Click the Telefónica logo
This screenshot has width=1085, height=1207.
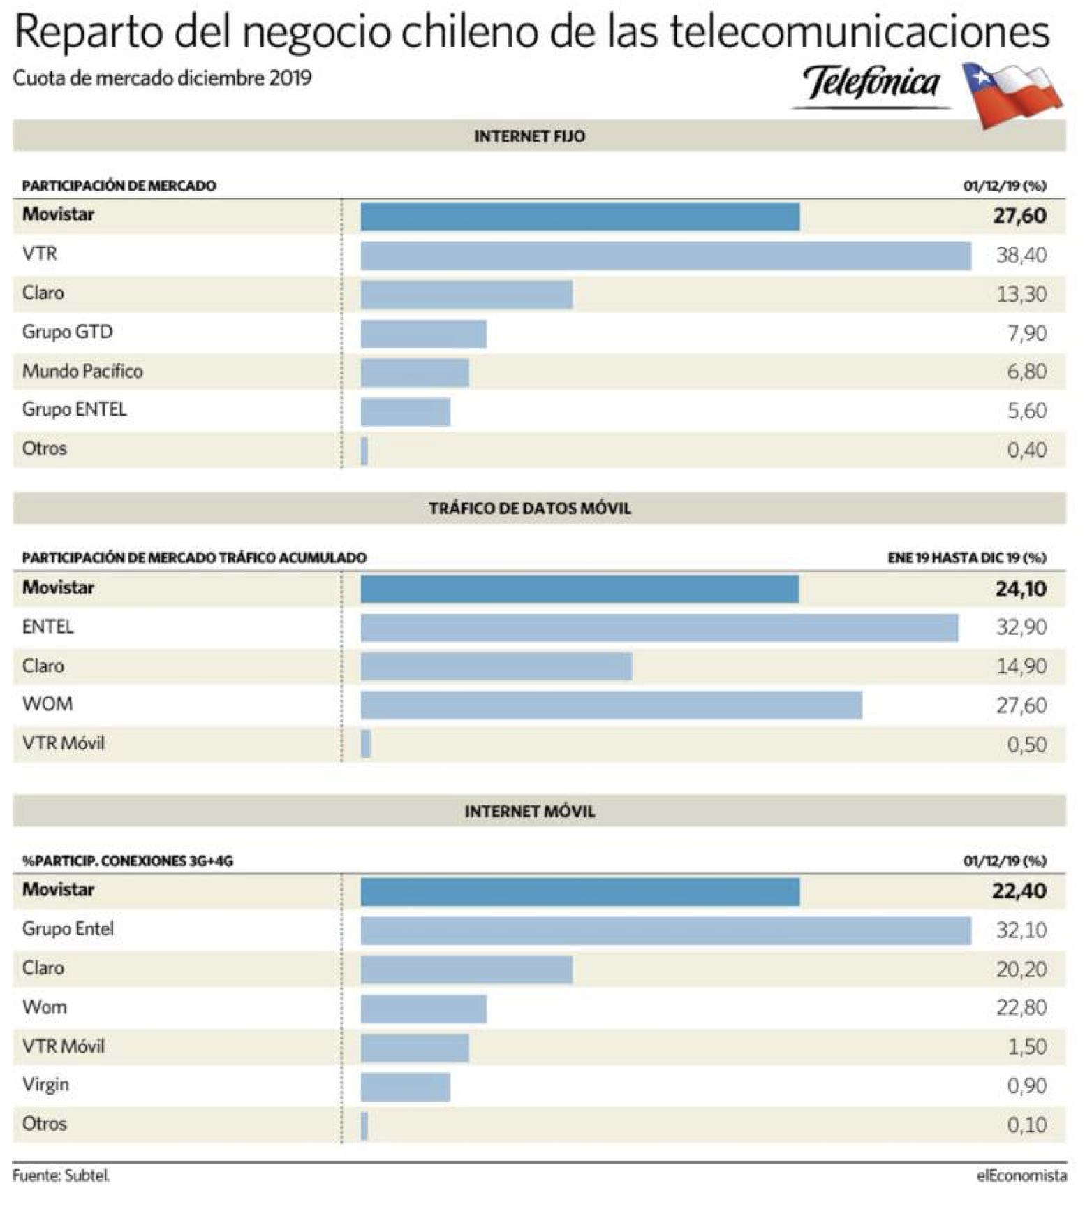(871, 85)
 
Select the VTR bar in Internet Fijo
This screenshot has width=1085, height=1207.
(665, 256)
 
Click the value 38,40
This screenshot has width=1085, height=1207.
(1021, 256)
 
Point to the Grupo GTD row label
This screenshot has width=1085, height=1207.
(67, 332)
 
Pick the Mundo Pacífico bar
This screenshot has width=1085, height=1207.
(415, 373)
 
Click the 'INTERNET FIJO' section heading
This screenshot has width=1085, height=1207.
(530, 136)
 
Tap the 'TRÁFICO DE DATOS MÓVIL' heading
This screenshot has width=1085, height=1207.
(530, 509)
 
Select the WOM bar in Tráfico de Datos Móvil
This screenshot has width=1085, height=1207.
(611, 705)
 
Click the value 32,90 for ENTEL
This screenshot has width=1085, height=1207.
(1021, 627)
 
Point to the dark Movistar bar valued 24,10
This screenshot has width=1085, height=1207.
(580, 589)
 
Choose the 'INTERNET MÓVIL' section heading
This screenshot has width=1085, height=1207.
(530, 812)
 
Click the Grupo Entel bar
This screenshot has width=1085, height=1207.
(665, 931)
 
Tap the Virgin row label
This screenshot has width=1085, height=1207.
(45, 1085)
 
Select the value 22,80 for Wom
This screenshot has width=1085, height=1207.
(1021, 1008)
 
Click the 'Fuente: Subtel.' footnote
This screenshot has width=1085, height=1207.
(61, 1176)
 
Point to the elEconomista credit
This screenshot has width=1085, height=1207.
(1021, 1176)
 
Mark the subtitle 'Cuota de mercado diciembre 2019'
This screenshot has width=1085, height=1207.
(162, 78)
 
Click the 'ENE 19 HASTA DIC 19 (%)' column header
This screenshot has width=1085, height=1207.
(967, 557)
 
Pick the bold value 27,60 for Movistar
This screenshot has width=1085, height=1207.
(1019, 216)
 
